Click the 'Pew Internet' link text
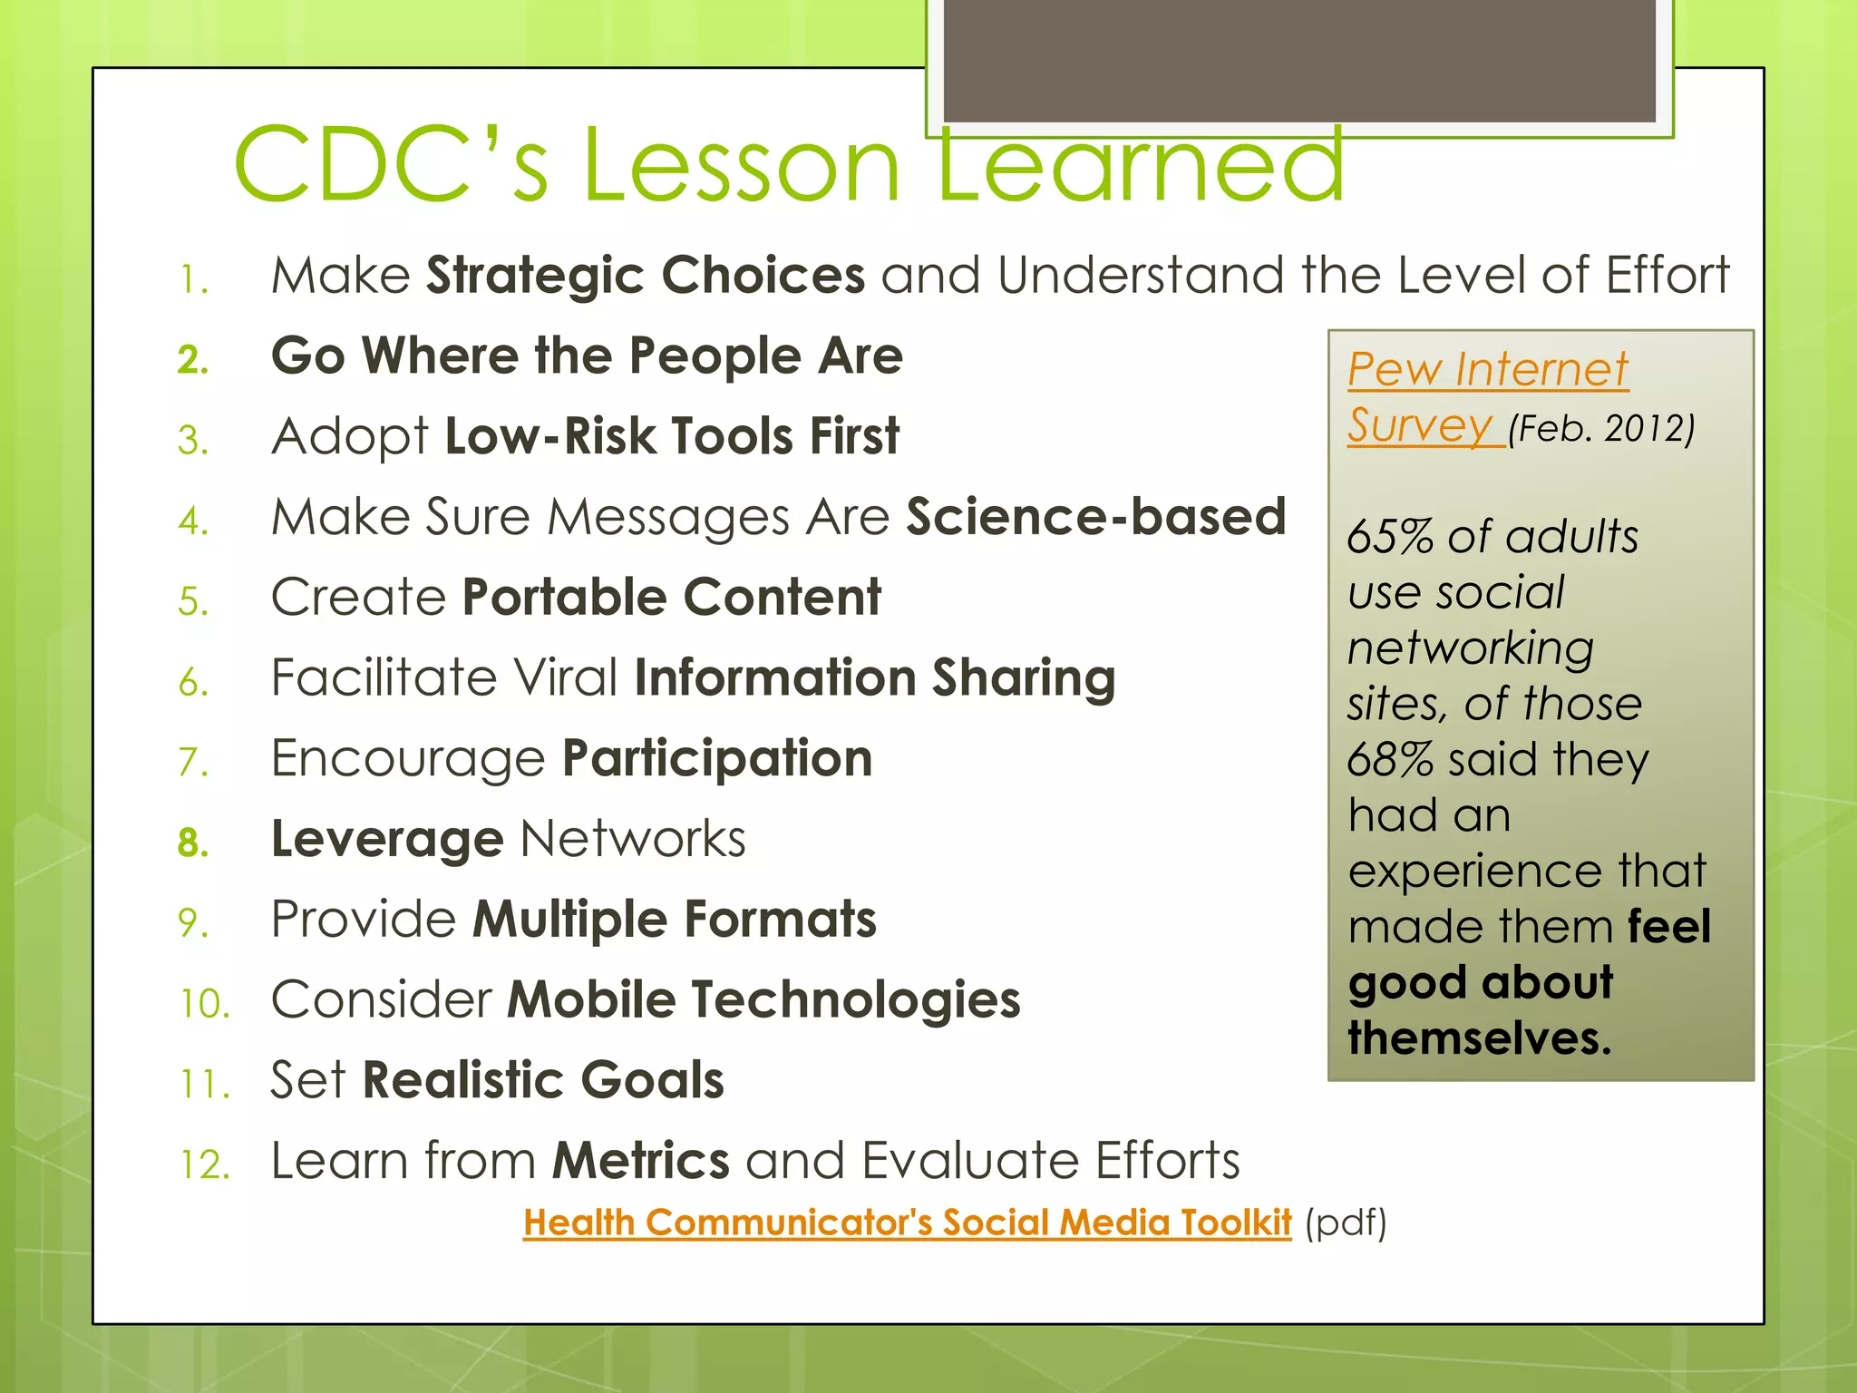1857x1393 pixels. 1487,370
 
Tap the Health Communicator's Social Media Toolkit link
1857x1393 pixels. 907,1223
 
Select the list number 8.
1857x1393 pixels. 192,843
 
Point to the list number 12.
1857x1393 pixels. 205,1164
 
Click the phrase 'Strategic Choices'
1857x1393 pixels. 646,275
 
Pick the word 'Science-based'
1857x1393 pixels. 1096,517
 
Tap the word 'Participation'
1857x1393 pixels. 717,759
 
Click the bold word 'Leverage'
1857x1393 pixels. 387,839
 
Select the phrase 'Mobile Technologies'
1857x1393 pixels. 763,1000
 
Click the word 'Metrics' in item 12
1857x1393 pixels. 641,1161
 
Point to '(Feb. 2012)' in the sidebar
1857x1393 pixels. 1601,428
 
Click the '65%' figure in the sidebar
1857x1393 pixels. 1388,537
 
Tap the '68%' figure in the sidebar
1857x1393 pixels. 1388,760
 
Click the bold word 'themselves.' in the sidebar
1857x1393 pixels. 1480,1038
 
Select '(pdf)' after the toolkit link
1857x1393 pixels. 1346,1223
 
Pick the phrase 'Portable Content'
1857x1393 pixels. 671,598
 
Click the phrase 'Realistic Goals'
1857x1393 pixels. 543,1080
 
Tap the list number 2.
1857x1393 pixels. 192,360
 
